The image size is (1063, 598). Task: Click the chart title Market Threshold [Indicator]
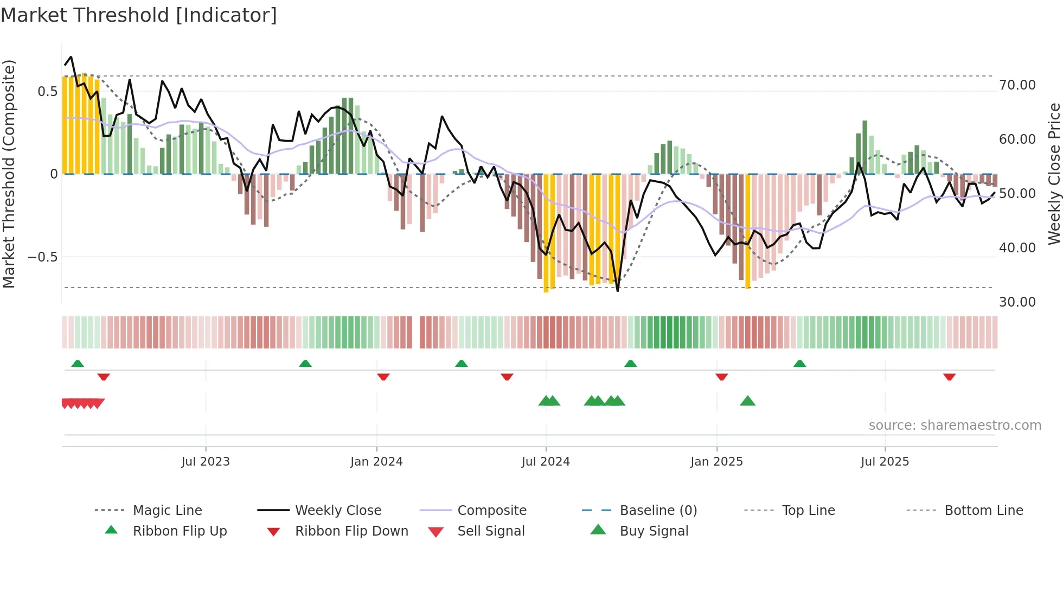click(x=139, y=15)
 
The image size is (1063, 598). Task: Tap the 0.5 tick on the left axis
click(x=47, y=91)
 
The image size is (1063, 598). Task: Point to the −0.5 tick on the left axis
click(x=42, y=257)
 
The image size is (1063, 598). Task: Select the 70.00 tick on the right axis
click(x=1017, y=85)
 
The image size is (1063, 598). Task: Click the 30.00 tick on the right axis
click(x=1017, y=302)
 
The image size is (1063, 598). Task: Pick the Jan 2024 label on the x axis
click(x=376, y=462)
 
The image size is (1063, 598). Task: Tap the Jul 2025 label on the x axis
click(x=885, y=462)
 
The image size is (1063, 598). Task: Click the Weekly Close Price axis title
click(x=1054, y=174)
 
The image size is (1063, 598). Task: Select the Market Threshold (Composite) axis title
click(x=9, y=174)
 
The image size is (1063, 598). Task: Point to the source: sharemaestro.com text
click(x=955, y=425)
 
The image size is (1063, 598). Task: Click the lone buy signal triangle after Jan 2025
click(x=747, y=401)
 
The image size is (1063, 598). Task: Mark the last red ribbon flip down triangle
click(x=949, y=377)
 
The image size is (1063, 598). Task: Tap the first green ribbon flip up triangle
click(x=78, y=364)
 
